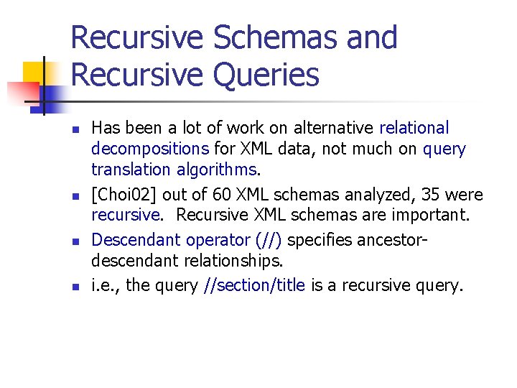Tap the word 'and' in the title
[372, 37]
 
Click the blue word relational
[414, 129]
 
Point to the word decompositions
[150, 149]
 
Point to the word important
[427, 216]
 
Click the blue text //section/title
[255, 285]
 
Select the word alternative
[329, 129]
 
